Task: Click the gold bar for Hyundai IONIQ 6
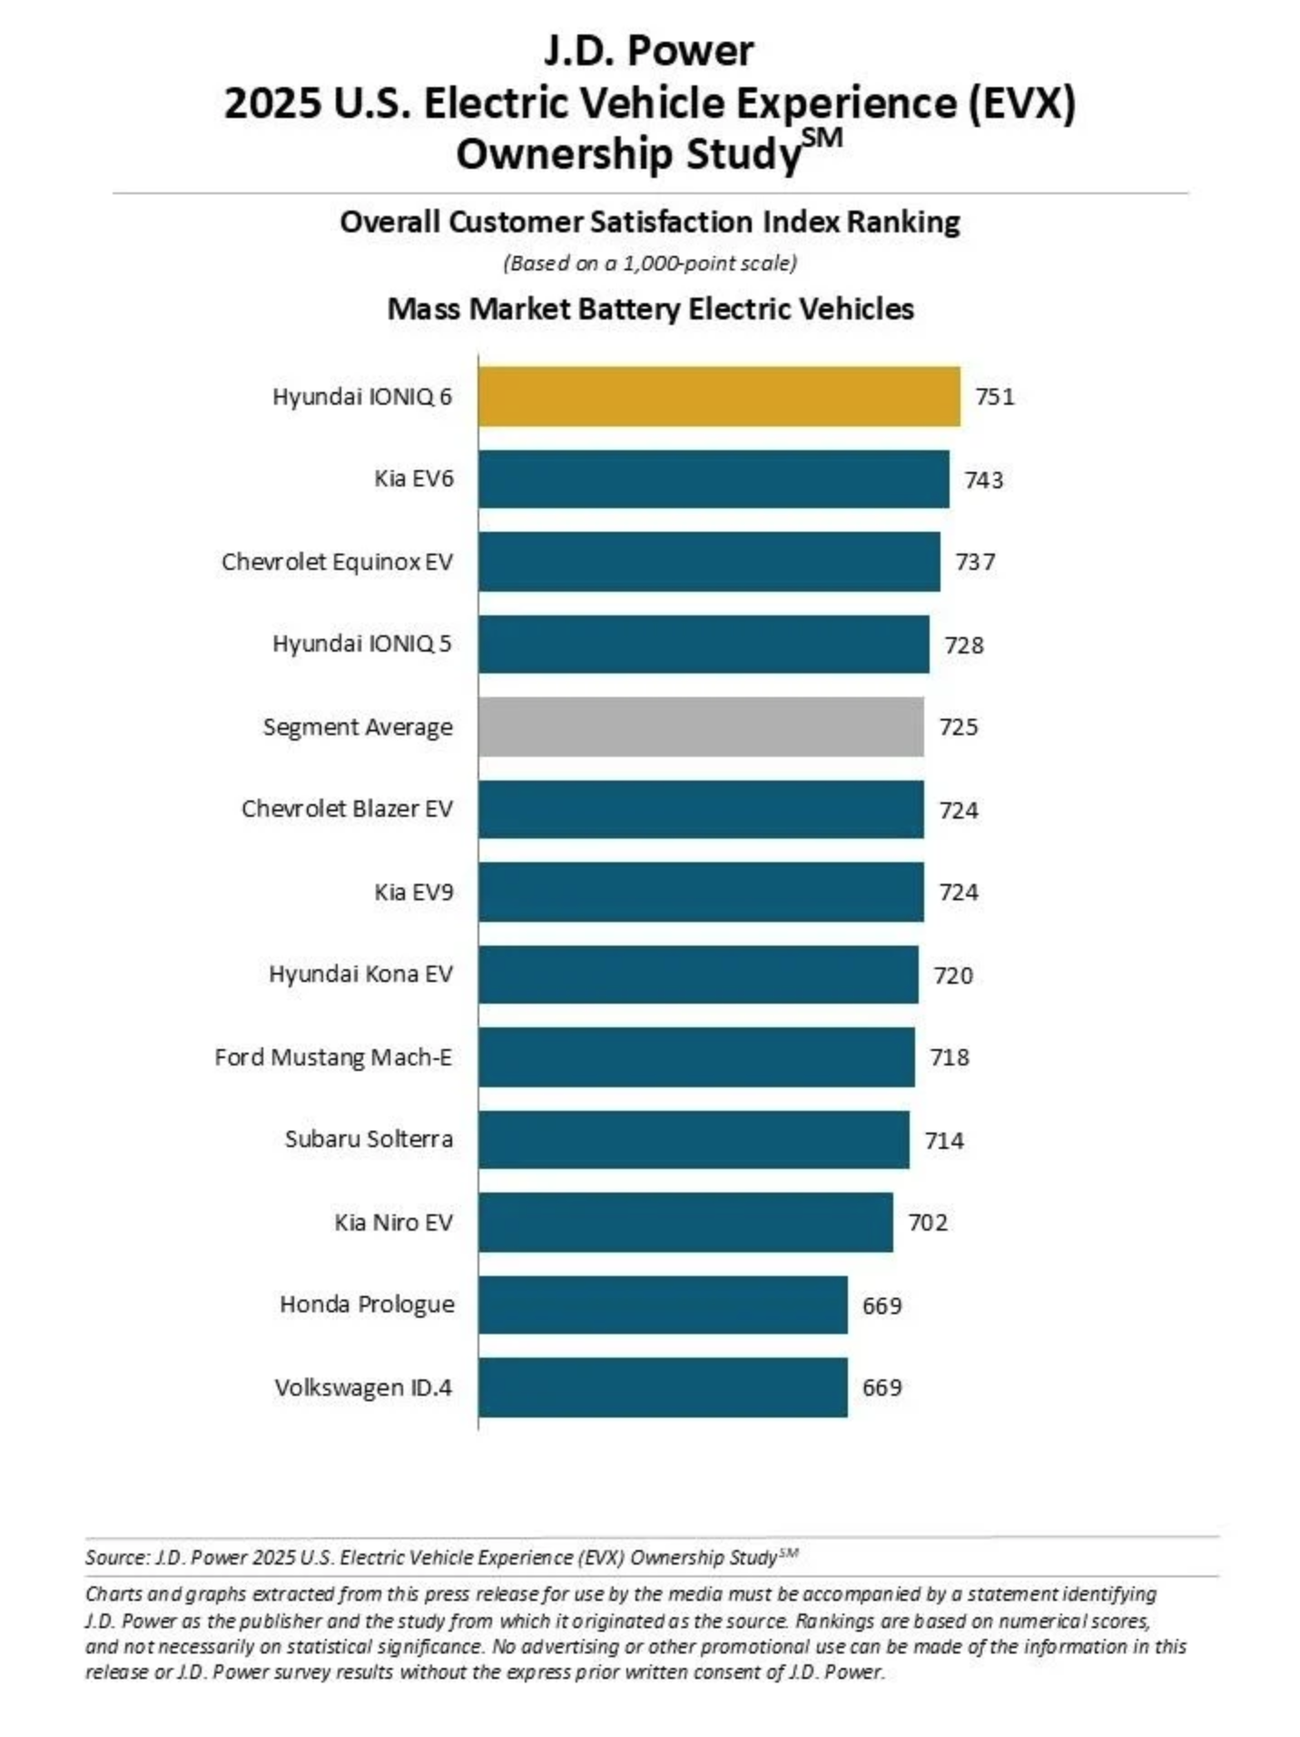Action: (718, 396)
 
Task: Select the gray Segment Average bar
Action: (701, 726)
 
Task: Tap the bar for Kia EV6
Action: (714, 478)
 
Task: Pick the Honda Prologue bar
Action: (663, 1304)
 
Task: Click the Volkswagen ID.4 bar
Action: (663, 1387)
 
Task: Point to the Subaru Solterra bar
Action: (694, 1139)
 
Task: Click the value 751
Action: (994, 397)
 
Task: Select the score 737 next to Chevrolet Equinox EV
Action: (975, 562)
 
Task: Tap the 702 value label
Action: (928, 1222)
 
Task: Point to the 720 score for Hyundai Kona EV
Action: (953, 976)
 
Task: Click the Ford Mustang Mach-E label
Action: (333, 1057)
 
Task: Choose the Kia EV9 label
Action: (413, 892)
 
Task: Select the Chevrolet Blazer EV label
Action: (347, 809)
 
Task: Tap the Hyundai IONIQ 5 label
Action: (361, 643)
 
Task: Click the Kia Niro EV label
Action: (393, 1222)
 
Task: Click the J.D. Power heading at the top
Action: (649, 51)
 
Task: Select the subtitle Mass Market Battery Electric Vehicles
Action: (650, 309)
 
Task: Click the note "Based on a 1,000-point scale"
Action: (650, 263)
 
